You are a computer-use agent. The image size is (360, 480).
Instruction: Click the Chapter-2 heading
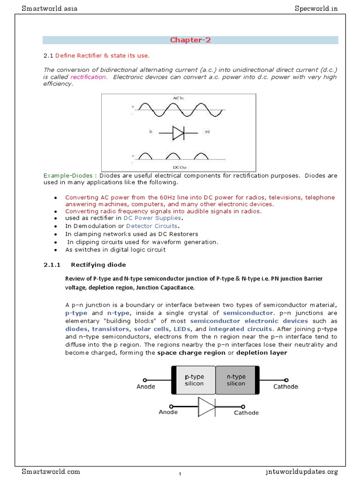tap(190, 40)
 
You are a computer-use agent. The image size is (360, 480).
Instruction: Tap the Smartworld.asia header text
tap(46, 8)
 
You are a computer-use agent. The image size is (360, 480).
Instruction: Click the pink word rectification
tap(89, 77)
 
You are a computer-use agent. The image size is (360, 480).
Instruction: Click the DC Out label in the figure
tap(179, 165)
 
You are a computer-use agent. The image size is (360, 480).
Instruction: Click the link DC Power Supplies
tap(152, 218)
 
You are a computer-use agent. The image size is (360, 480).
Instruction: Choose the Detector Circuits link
tap(152, 226)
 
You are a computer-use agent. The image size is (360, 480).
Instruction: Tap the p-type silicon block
tap(194, 380)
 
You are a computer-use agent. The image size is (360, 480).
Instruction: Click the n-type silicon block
tap(236, 380)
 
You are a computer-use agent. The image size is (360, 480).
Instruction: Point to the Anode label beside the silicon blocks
tap(146, 387)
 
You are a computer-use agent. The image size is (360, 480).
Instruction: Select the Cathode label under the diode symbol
tap(246, 413)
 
